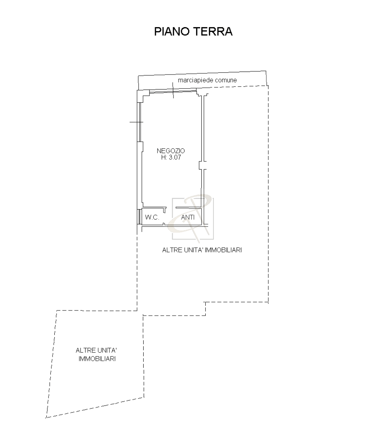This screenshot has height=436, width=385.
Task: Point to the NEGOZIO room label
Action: tap(171, 151)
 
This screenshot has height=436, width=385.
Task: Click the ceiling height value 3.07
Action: tap(175, 157)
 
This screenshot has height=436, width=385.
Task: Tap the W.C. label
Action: tap(152, 217)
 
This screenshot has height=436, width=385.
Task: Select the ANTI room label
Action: tap(188, 217)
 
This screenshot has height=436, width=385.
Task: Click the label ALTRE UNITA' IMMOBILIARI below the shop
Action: tap(202, 250)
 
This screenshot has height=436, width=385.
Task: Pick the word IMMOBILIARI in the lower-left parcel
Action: tap(97, 359)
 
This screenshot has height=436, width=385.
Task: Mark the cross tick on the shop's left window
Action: tap(136, 122)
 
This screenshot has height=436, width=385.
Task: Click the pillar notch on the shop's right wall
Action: tap(203, 165)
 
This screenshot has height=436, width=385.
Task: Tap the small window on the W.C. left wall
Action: tap(139, 217)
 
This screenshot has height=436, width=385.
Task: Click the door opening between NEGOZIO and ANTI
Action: tap(171, 208)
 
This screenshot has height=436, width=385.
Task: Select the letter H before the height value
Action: tap(163, 157)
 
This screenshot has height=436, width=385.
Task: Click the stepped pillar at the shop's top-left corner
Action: tap(143, 96)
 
